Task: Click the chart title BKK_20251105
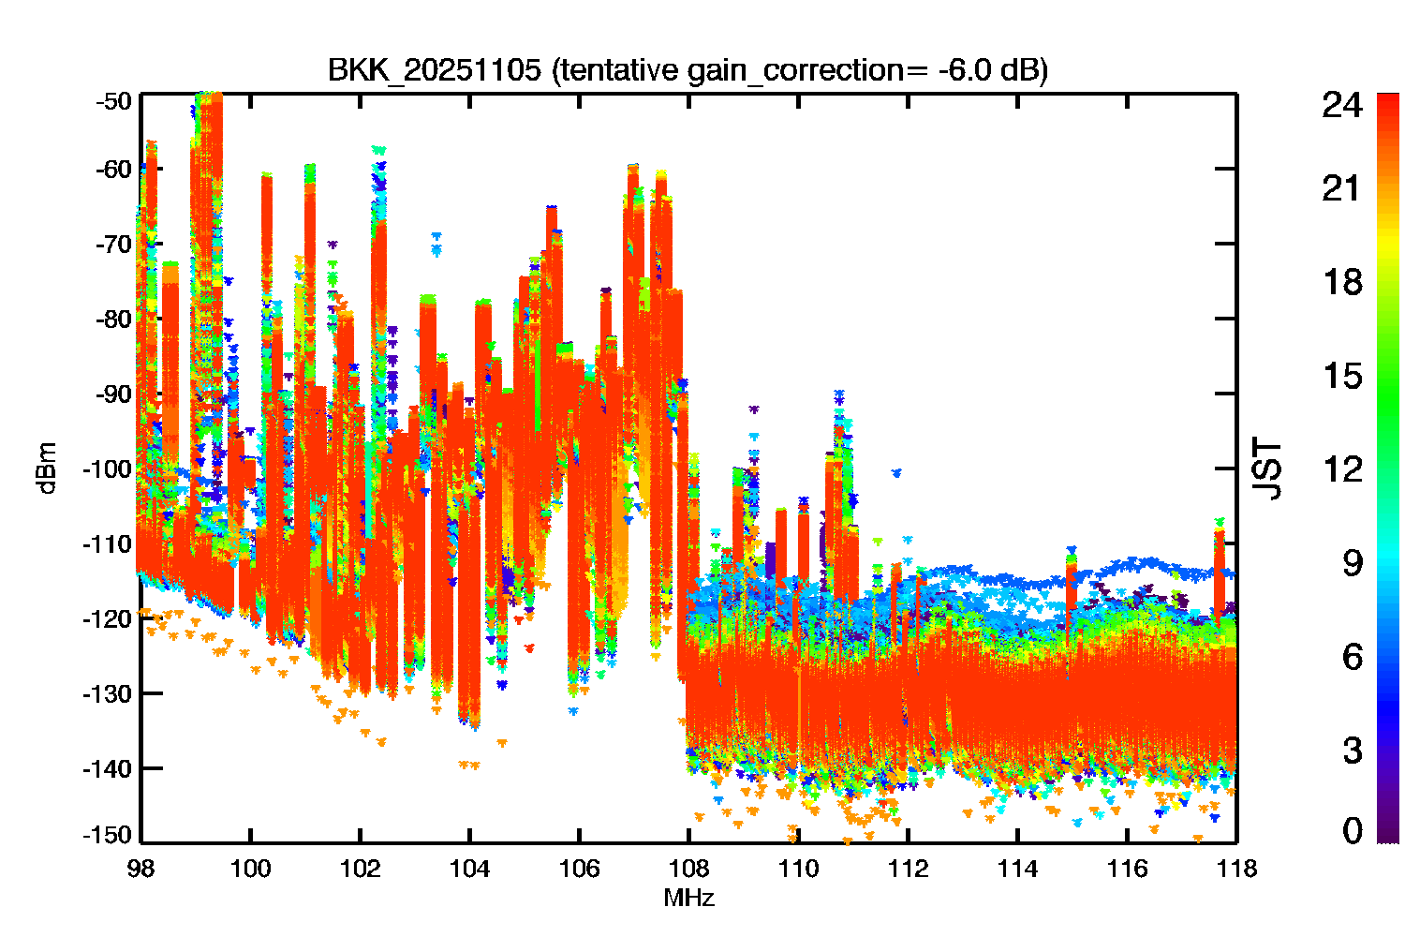(x=434, y=70)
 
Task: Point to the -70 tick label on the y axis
(x=113, y=244)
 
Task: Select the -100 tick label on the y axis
(x=108, y=468)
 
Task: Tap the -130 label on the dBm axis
(x=108, y=693)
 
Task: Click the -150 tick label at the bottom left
(x=108, y=835)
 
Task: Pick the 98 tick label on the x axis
(x=141, y=869)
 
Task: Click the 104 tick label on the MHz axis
(x=470, y=869)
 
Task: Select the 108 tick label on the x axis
(x=688, y=869)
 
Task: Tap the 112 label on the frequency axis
(x=909, y=869)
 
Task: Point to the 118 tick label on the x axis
(x=1237, y=869)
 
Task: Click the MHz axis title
(x=688, y=898)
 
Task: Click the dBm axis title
(x=48, y=468)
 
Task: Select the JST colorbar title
(x=1266, y=468)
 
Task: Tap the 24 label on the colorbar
(x=1342, y=105)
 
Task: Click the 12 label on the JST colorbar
(x=1342, y=468)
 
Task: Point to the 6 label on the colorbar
(x=1353, y=657)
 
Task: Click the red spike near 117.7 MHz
(x=1219, y=573)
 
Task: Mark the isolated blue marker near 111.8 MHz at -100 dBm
(x=897, y=472)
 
